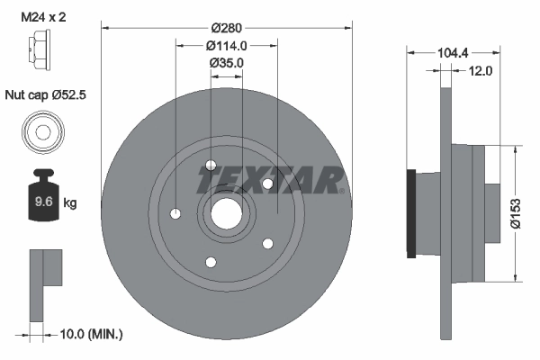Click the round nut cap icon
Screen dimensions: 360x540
pos(41,132)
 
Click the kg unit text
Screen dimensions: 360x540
pos(70,203)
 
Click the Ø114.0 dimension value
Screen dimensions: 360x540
pos(227,46)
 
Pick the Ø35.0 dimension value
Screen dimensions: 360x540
pos(227,62)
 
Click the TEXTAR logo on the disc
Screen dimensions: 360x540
pos(271,181)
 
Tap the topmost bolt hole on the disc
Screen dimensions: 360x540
pos(211,165)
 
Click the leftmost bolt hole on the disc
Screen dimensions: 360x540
pos(175,214)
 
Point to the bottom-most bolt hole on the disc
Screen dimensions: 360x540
pos(211,262)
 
